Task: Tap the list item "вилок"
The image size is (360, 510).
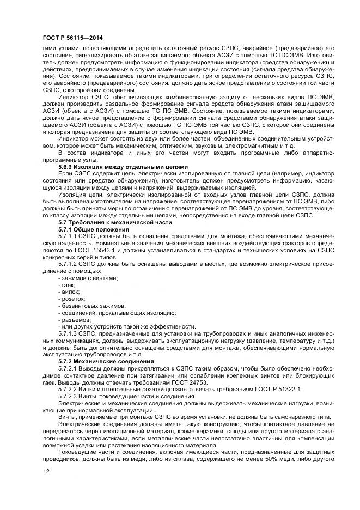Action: (69, 292)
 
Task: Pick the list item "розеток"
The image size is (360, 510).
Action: (72, 299)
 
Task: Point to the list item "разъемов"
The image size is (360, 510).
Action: (74, 319)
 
